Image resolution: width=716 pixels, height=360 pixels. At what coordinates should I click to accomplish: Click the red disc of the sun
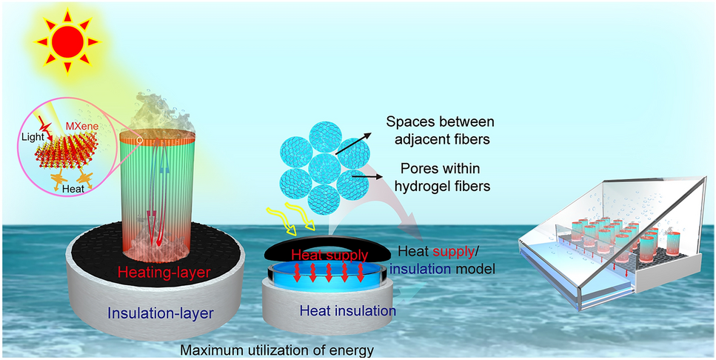[67, 41]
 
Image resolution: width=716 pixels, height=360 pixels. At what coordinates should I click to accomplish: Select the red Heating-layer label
[159, 273]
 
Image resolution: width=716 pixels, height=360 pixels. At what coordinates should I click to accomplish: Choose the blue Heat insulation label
[347, 311]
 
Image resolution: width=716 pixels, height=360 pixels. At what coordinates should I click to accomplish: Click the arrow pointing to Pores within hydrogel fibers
[367, 175]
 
